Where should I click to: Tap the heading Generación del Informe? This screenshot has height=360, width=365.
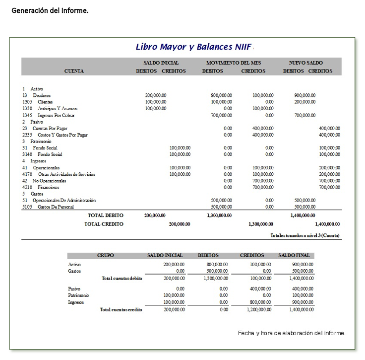tap(50, 10)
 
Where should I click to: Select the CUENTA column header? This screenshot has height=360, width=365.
tap(74, 71)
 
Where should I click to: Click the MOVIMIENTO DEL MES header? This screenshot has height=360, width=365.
tap(234, 63)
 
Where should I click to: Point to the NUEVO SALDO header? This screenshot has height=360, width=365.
tap(305, 63)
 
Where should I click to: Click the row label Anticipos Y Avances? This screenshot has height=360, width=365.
tap(58, 108)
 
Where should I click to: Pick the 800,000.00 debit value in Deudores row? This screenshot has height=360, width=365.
tap(222, 95)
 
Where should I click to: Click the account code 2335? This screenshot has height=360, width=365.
tap(27, 135)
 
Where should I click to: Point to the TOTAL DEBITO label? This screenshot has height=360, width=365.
tap(106, 216)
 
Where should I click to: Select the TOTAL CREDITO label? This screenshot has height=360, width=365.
tap(104, 224)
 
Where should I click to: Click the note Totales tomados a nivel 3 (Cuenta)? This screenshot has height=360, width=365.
tap(305, 235)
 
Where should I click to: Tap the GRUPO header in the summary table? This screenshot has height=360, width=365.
tap(105, 256)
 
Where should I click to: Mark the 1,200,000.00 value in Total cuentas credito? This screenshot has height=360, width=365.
tap(259, 310)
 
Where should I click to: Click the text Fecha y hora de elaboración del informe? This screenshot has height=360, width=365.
tap(292, 333)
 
